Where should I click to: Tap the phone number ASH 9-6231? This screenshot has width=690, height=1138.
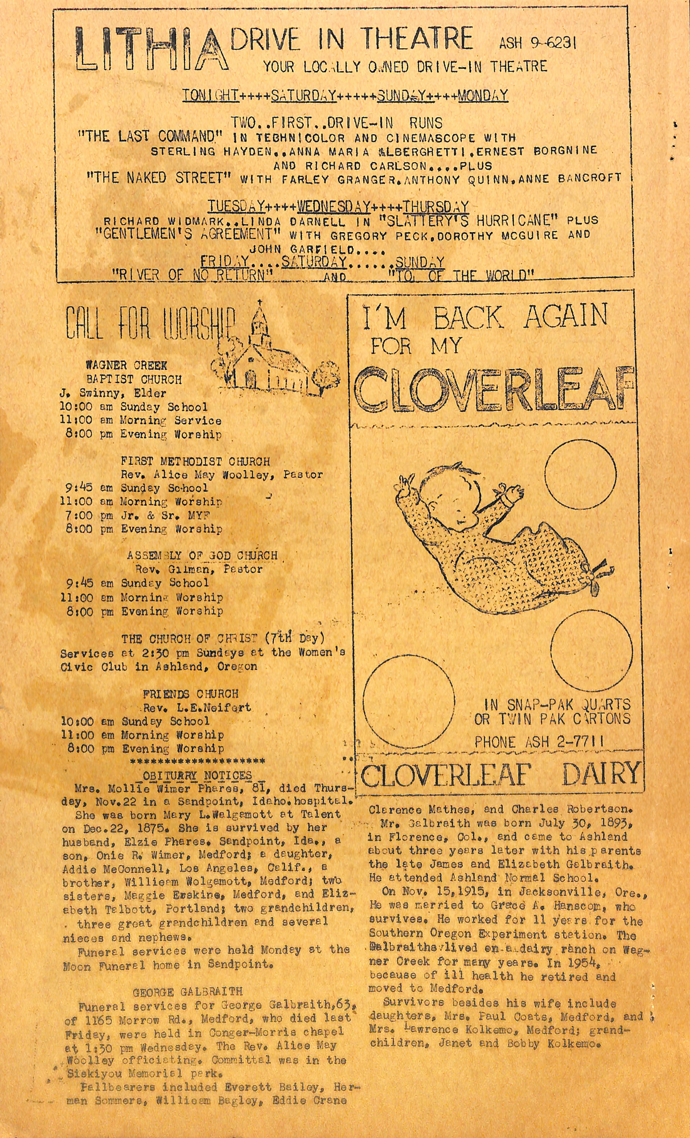(x=537, y=43)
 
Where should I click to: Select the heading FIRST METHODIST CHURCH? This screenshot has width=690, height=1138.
(x=195, y=461)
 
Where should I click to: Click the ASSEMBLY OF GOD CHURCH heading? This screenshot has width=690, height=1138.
(x=202, y=555)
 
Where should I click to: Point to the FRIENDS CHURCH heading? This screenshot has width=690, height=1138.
(x=190, y=694)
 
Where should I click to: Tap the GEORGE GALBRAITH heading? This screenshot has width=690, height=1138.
(x=187, y=992)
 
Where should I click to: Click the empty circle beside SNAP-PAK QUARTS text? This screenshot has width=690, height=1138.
(x=409, y=700)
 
